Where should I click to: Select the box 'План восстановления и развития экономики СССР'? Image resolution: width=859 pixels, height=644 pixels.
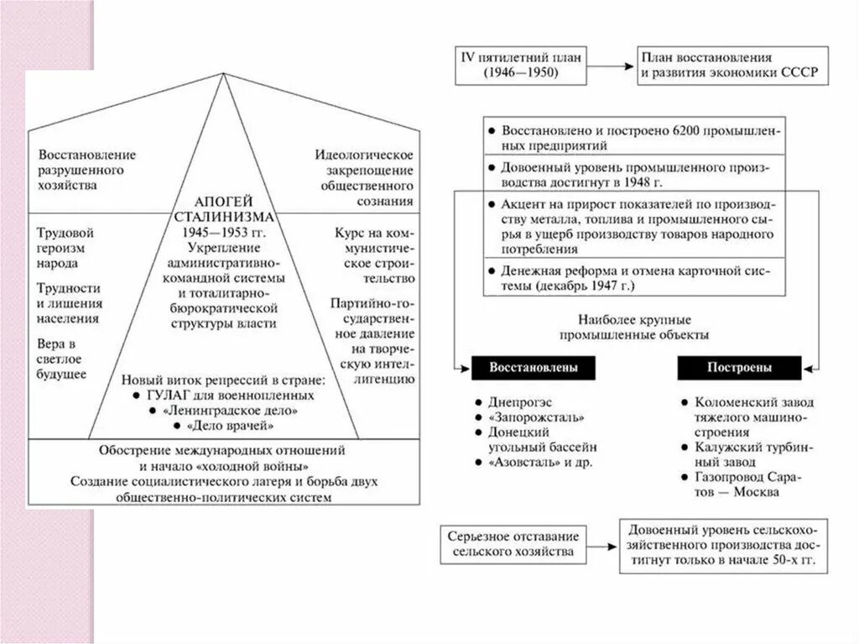point(728,65)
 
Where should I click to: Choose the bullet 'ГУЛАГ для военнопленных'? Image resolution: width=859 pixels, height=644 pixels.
point(229,395)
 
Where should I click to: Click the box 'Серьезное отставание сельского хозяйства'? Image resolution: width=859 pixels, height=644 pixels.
point(513,544)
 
